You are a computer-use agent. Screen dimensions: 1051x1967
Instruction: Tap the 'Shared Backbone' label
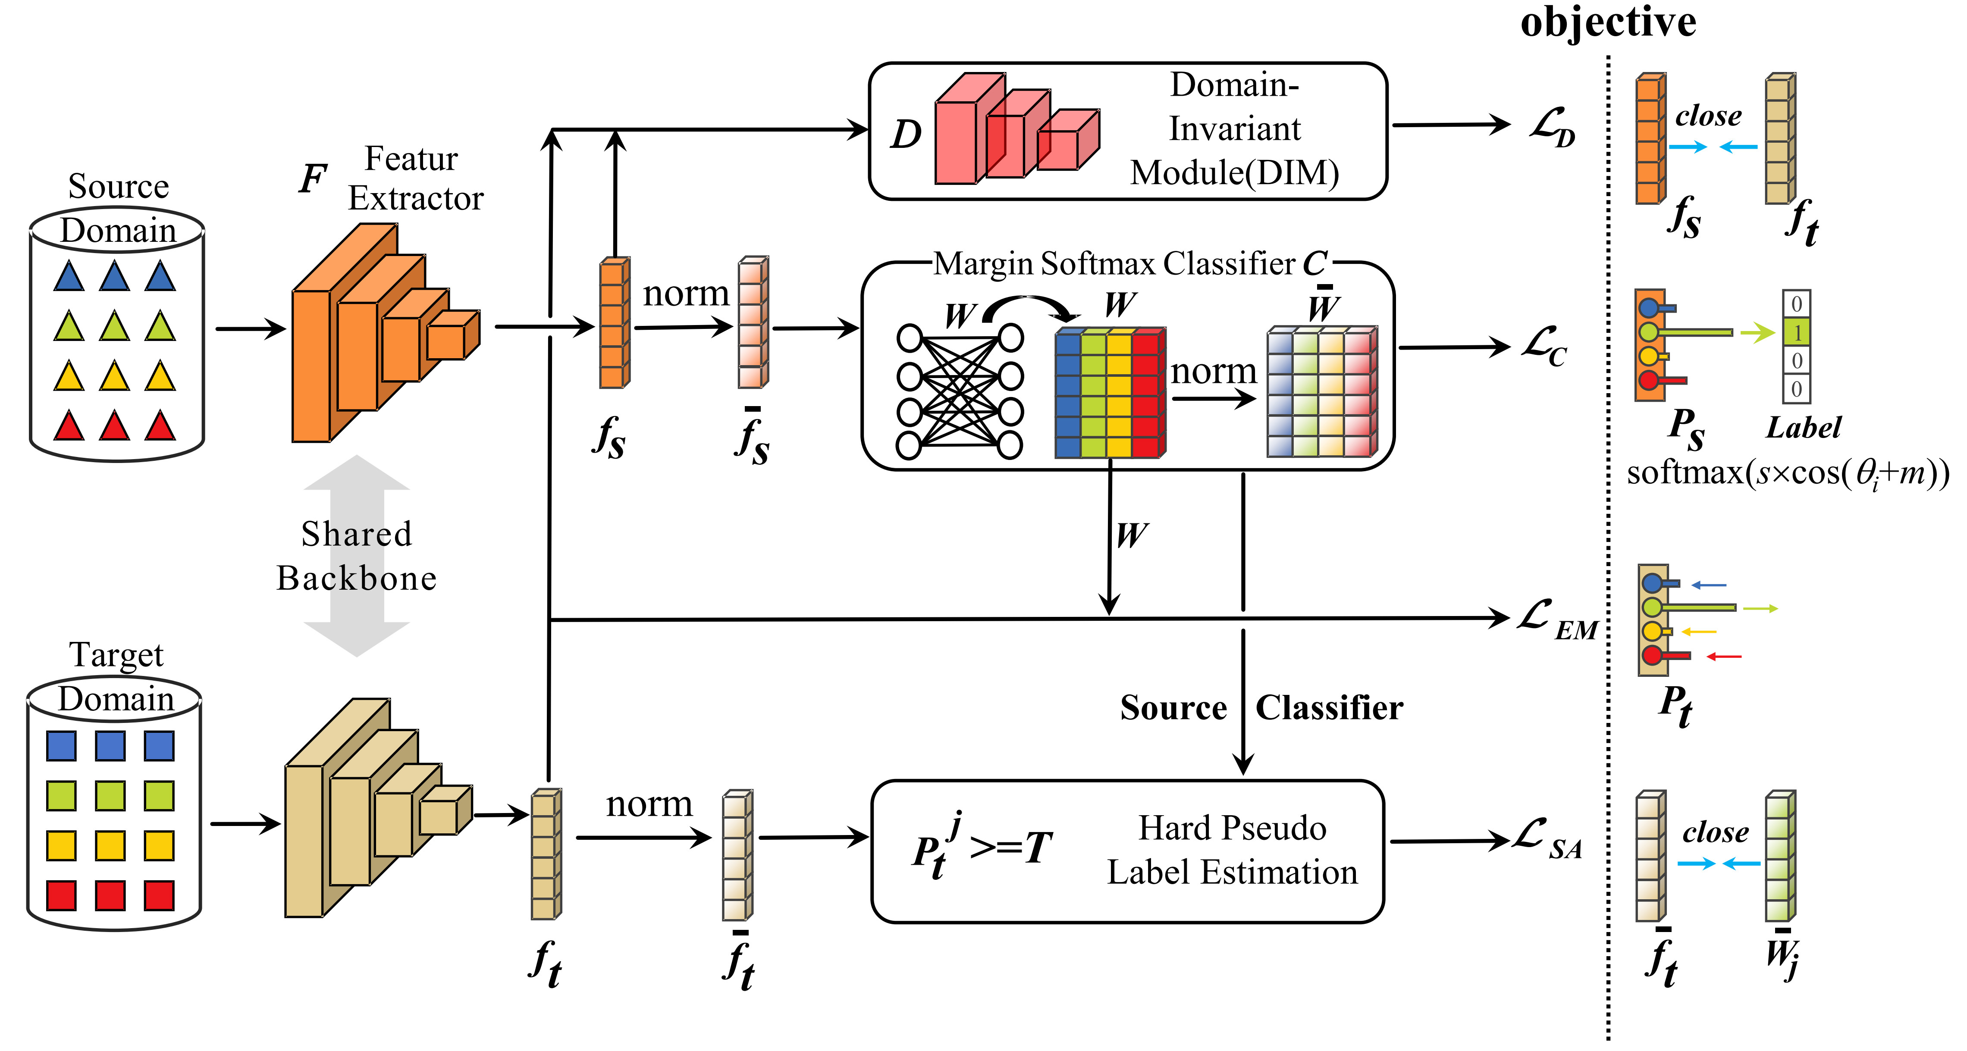(x=357, y=556)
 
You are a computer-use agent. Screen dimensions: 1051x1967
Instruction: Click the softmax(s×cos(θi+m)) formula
(x=1787, y=473)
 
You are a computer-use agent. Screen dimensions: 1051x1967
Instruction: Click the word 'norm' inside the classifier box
(x=1213, y=372)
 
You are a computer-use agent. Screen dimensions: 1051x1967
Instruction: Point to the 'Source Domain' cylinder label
(x=118, y=208)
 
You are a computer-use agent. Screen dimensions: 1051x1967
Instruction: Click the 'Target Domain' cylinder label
(x=116, y=676)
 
